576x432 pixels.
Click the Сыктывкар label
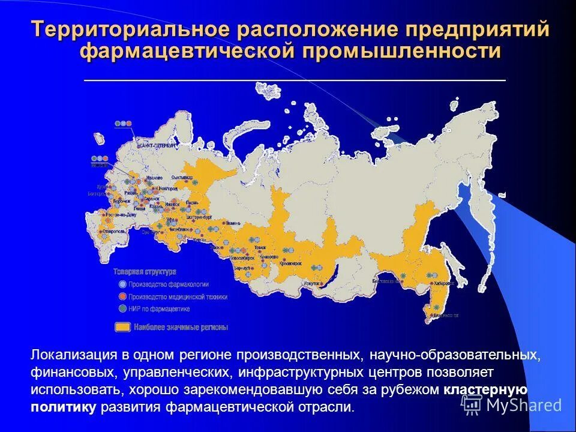click(x=182, y=178)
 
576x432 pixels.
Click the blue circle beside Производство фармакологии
click(x=122, y=284)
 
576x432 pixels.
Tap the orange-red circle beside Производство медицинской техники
click(x=122, y=296)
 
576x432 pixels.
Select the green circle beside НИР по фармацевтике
click(x=122, y=308)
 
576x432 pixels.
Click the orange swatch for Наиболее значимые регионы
click(x=123, y=327)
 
